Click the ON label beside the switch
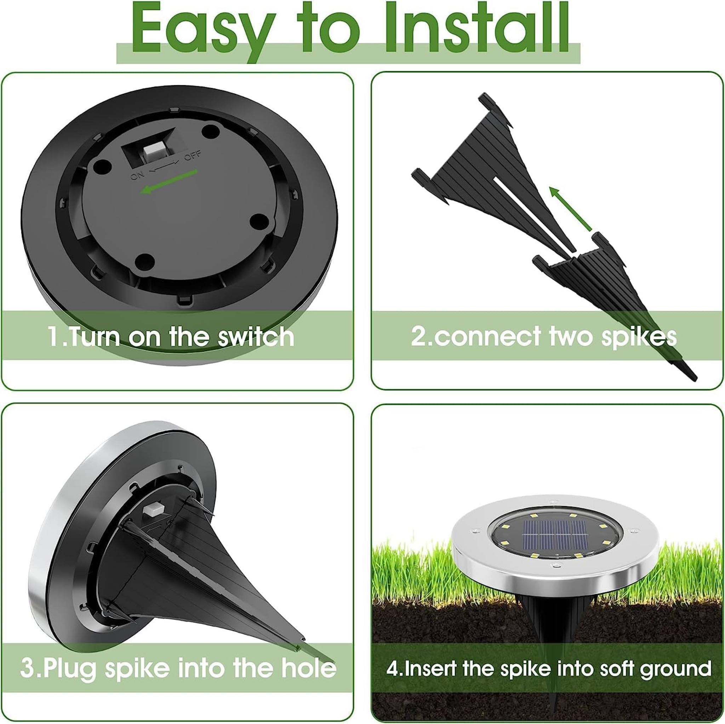[137, 175]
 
